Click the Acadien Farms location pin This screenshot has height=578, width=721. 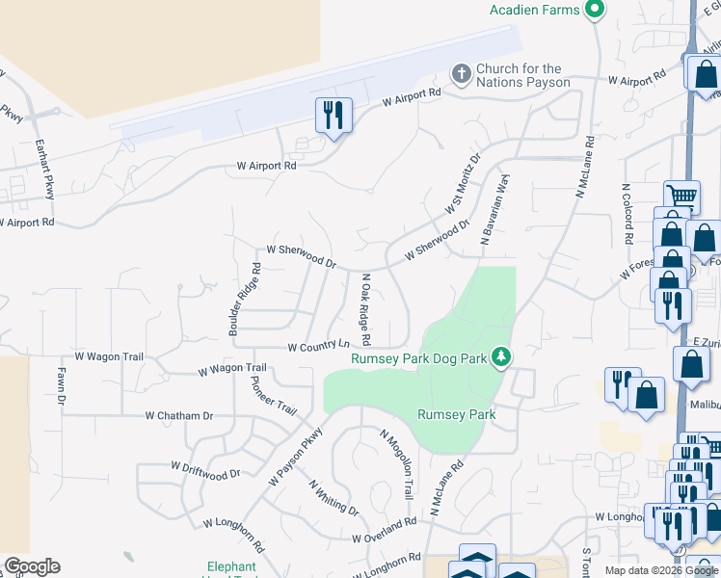coord(595,11)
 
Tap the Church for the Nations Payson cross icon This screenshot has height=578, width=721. coord(462,74)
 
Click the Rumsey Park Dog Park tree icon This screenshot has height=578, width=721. coord(500,357)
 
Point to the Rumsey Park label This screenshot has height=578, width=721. coord(456,415)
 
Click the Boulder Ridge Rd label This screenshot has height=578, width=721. coord(245,299)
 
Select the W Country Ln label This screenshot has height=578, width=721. coord(318,346)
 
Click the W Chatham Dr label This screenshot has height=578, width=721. coord(178,416)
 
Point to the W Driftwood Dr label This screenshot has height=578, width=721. coord(205,469)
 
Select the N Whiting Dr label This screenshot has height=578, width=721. coord(334,497)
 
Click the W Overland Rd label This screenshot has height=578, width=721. coord(384,529)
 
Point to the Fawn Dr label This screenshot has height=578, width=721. coord(61,384)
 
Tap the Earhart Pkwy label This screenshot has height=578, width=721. coord(45,172)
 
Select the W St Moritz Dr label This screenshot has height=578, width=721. coord(463,184)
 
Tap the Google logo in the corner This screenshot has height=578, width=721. coord(32,566)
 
